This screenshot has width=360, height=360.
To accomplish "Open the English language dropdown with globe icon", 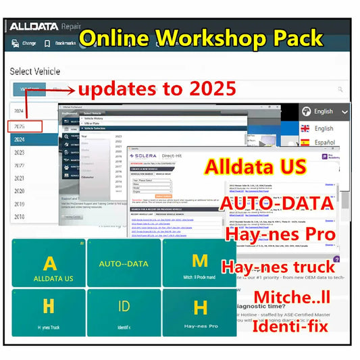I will (x=325, y=111).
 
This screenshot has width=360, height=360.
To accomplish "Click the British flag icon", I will (x=305, y=128).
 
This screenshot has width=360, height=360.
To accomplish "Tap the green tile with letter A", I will (x=49, y=263).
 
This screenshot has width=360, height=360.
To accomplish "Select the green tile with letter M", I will (x=200, y=263).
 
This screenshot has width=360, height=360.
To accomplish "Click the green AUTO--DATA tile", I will (x=124, y=263).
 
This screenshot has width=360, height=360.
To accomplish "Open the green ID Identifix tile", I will (x=124, y=312).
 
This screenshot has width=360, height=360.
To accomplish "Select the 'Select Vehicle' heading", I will (x=35, y=71).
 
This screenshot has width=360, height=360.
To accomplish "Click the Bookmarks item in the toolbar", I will (x=59, y=44).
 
